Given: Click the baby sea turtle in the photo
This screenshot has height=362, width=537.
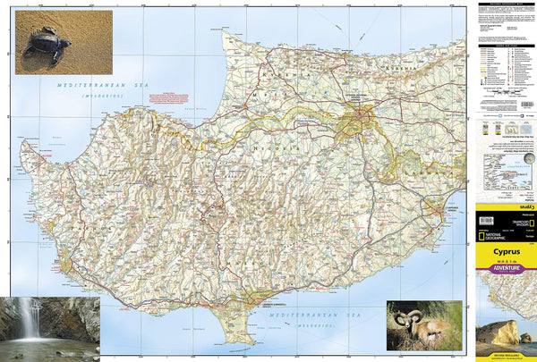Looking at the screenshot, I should (x=46, y=43).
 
